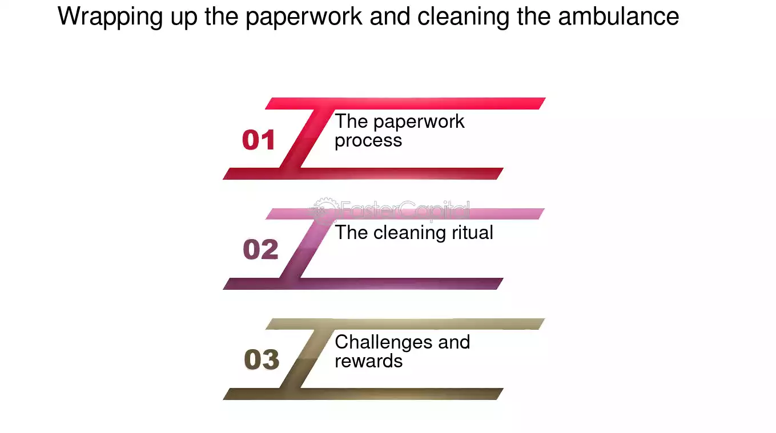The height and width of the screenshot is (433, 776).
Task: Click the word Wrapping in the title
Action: pos(110,17)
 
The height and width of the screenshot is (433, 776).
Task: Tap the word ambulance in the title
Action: pos(619,17)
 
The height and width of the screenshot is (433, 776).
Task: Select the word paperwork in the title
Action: pos(304,17)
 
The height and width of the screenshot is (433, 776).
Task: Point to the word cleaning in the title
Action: pos(463,17)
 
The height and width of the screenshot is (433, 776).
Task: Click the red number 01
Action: pos(259,140)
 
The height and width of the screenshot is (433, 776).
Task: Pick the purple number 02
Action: pos(260,249)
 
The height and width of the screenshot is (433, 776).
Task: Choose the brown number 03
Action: pos(262,359)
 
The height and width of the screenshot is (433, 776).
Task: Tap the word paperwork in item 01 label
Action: pos(419,122)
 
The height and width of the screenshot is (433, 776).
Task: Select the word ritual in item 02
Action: pos(473,232)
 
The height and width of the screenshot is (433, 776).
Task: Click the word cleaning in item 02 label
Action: pos(409,233)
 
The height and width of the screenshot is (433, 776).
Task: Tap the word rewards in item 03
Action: pos(369,361)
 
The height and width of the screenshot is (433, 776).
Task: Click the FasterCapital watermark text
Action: pos(405,209)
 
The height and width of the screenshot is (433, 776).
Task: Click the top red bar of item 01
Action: pos(405,103)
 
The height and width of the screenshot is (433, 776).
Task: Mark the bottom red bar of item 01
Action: pos(363,174)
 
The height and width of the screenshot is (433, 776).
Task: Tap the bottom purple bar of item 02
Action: pos(363,284)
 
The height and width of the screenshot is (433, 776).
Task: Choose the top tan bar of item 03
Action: pos(405,324)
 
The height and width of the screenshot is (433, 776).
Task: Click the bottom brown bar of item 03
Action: pos(363,394)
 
